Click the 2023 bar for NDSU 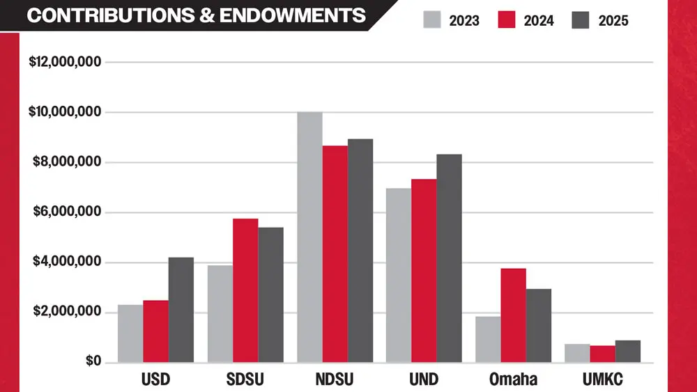[x=309, y=237]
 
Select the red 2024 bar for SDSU [x=245, y=290]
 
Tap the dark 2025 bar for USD [x=181, y=310]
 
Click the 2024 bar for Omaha [x=513, y=315]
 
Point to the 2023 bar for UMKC [x=577, y=353]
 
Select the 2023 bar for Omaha [x=488, y=339]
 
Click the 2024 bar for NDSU [x=335, y=253]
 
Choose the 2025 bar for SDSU [x=270, y=295]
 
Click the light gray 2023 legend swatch [x=433, y=19]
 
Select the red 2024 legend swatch [x=507, y=19]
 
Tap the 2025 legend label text [x=613, y=20]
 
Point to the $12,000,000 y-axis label [x=66, y=62]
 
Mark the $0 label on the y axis [x=93, y=361]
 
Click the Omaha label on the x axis [x=514, y=380]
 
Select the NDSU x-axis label [x=335, y=380]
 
